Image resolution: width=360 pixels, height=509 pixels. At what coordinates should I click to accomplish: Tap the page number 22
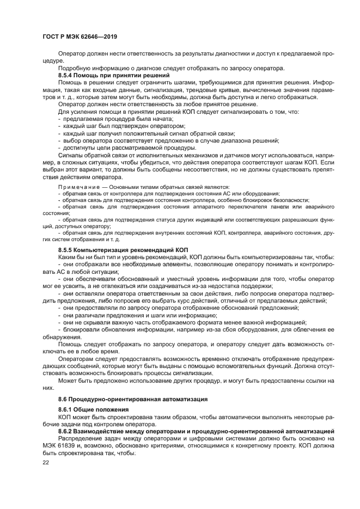[46, 462]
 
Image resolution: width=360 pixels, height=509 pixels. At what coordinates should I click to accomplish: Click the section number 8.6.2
[68, 431]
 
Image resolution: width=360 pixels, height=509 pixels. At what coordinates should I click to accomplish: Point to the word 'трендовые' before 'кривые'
[203, 89]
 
